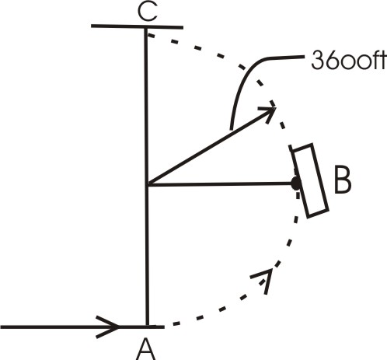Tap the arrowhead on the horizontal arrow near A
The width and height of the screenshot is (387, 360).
click(x=110, y=325)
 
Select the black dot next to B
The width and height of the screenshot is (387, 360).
click(x=295, y=183)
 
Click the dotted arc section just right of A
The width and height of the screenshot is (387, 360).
click(x=194, y=317)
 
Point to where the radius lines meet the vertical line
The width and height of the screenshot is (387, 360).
click(x=146, y=184)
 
